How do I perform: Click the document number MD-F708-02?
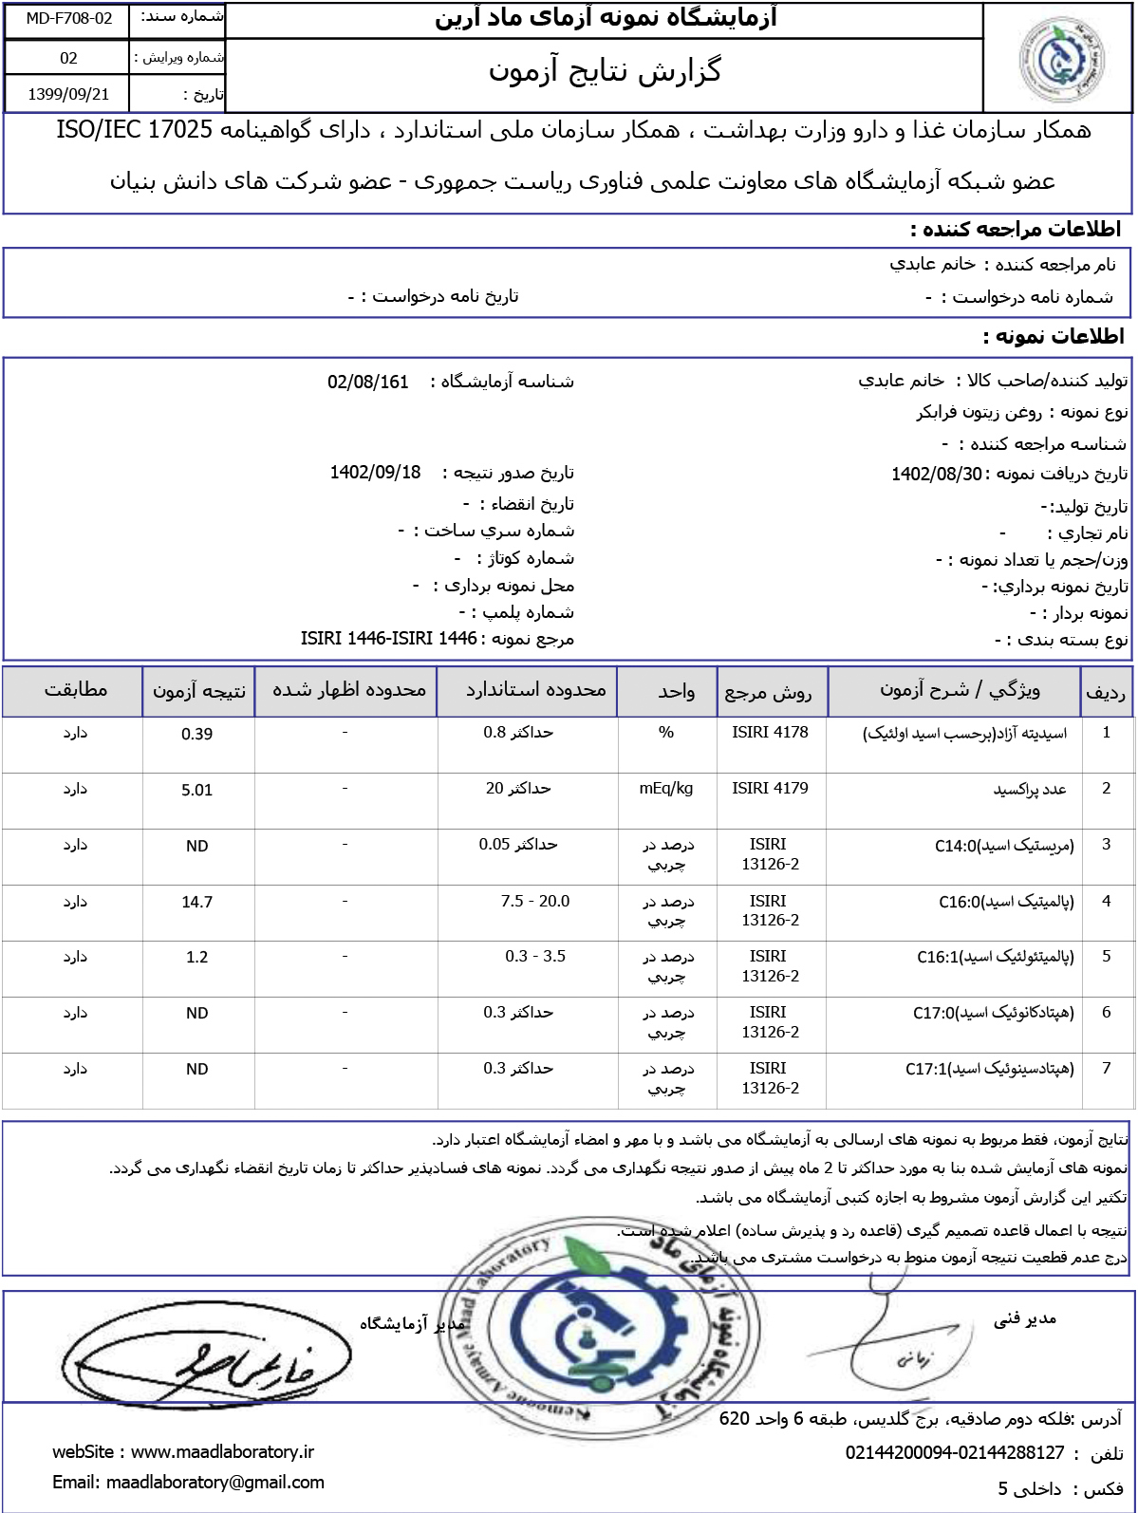[x=68, y=18]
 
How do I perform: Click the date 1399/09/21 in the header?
[x=68, y=94]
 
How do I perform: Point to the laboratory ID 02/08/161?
[x=367, y=382]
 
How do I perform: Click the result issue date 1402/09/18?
[x=375, y=473]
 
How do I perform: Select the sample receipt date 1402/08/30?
[x=936, y=474]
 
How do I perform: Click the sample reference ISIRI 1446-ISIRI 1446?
[x=388, y=639]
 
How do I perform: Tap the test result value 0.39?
[x=196, y=734]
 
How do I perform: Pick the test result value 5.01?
[x=196, y=790]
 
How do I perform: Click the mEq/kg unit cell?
[x=666, y=788]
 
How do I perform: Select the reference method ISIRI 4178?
[x=770, y=732]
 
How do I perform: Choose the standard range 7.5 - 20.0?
[x=535, y=901]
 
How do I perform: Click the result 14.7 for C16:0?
[x=196, y=902]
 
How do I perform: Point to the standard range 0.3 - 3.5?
[x=535, y=956]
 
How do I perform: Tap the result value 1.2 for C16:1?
[x=196, y=957]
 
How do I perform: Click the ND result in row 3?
[x=196, y=846]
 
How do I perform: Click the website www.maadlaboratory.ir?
[x=222, y=1451]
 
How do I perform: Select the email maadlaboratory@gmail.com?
[x=215, y=1482]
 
